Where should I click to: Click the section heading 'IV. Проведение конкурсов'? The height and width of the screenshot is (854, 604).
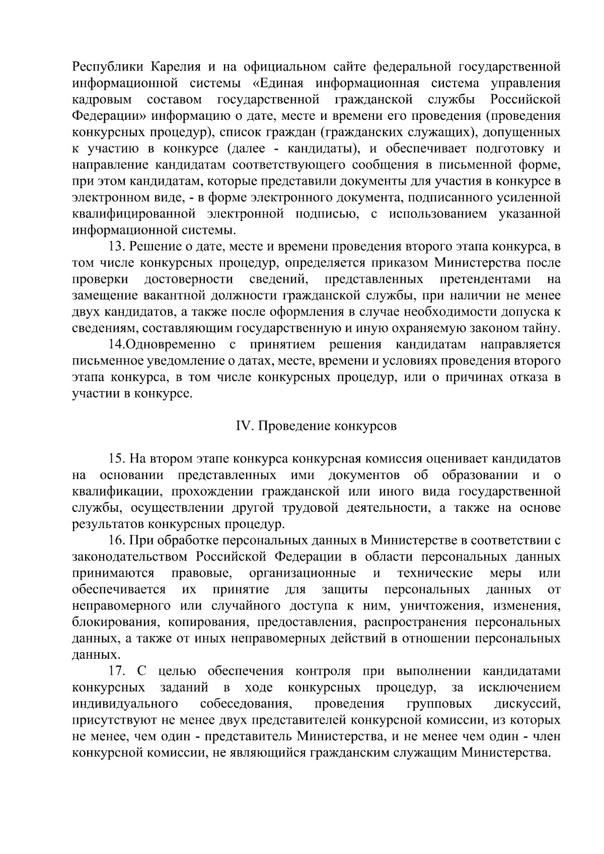(x=316, y=426)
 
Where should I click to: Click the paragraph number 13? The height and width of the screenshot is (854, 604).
(x=116, y=247)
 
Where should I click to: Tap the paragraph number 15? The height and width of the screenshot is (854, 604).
(x=116, y=458)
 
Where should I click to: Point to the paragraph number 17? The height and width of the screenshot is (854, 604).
(x=116, y=671)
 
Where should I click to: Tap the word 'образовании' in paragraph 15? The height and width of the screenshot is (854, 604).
(x=480, y=475)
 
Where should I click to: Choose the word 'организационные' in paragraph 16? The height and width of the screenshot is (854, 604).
(x=303, y=573)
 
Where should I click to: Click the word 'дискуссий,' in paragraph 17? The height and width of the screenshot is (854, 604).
(x=528, y=704)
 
